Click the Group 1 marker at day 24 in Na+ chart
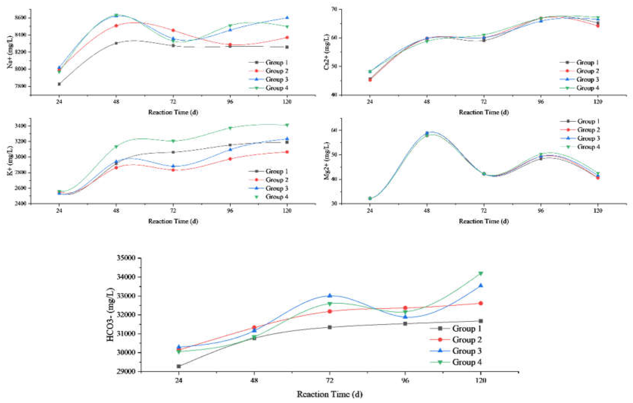[x=59, y=84]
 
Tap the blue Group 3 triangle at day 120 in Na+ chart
[x=287, y=18]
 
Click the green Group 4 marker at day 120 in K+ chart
[x=287, y=125]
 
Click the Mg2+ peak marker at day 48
[x=427, y=134]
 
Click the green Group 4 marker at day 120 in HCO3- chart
[x=481, y=274]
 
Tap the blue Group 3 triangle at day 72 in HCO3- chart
[x=330, y=295]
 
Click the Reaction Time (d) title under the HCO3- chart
[x=330, y=394]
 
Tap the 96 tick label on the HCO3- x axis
[x=405, y=380]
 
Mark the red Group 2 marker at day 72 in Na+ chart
[x=173, y=30]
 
